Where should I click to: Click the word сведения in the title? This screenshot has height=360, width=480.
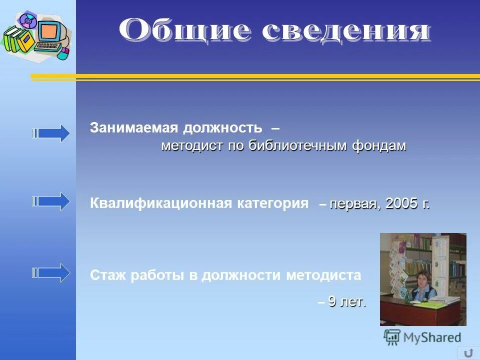point(345,30)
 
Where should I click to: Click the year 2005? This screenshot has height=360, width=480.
point(401,204)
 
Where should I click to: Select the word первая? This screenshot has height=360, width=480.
point(353,204)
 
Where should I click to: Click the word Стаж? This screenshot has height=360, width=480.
point(108,275)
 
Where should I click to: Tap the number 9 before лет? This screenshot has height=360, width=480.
point(332,301)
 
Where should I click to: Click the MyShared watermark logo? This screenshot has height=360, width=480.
point(422,337)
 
